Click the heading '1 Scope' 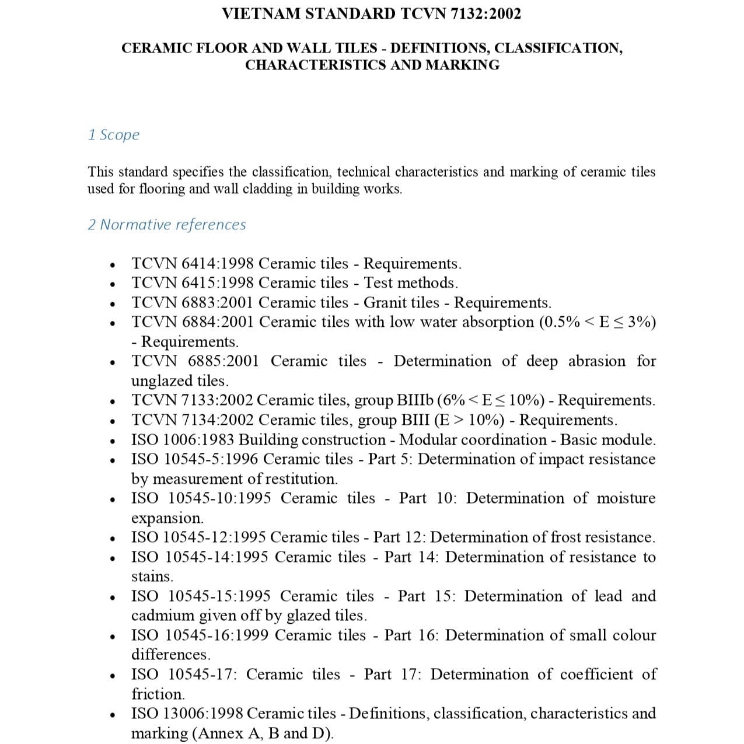coord(114,135)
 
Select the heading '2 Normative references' coord(167,225)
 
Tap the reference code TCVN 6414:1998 coord(193,264)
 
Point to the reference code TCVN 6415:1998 coord(193,283)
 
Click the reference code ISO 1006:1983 coord(183,439)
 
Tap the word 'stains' coord(152,577)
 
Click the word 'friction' coord(157,694)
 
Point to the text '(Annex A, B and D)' coord(263,733)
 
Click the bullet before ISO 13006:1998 coord(112,714)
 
